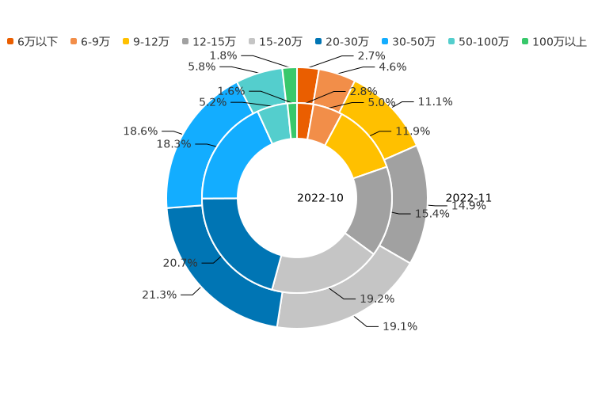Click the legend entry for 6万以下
[32, 41]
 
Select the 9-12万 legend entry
[146, 41]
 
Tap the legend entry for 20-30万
[341, 41]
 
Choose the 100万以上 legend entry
[554, 41]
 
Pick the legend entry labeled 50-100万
[478, 41]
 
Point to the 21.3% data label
[159, 295]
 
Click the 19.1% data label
[400, 326]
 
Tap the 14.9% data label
[469, 206]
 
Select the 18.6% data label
[140, 131]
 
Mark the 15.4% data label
[432, 214]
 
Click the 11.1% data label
[435, 102]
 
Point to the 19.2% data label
[377, 299]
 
